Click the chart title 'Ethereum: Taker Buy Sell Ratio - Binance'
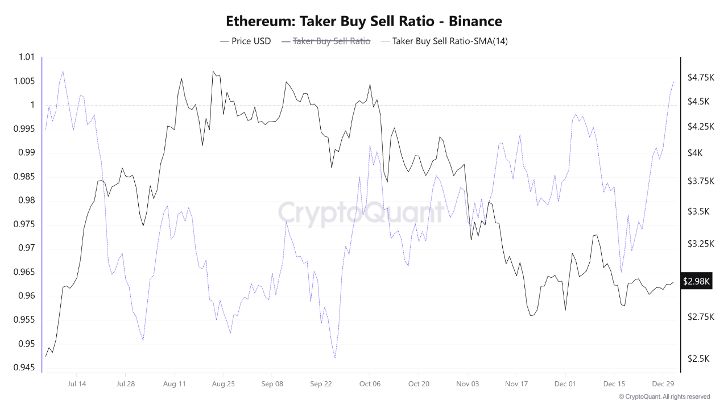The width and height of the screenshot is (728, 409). [x=364, y=22]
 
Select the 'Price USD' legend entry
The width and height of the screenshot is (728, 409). [x=245, y=41]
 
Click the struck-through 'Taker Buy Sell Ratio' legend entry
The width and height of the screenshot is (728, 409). [x=326, y=41]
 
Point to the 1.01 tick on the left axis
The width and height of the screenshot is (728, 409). [x=26, y=57]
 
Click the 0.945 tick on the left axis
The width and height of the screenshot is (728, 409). [x=23, y=368]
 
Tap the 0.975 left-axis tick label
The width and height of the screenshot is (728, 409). [x=23, y=224]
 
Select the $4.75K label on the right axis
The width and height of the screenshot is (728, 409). [x=701, y=77]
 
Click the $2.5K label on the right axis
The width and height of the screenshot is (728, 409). [x=698, y=358]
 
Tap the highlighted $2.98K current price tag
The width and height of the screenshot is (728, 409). [x=697, y=281]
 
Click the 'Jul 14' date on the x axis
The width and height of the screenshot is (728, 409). [x=77, y=384]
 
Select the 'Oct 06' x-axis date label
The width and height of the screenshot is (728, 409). [x=370, y=384]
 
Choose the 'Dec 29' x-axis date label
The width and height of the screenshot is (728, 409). [x=663, y=384]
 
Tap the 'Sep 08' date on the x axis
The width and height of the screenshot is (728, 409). [x=272, y=384]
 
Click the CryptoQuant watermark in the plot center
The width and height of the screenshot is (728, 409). [x=361, y=213]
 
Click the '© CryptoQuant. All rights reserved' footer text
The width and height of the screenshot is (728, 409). [x=664, y=397]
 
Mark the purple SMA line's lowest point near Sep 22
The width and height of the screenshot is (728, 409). [x=335, y=358]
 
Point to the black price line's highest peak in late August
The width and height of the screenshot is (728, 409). [x=213, y=72]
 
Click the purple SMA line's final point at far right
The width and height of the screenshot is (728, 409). [x=673, y=82]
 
